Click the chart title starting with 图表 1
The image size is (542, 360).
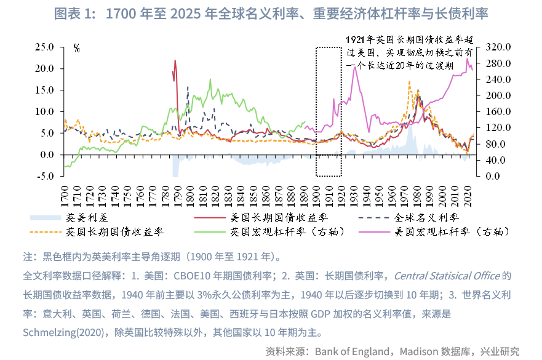(x=271, y=14)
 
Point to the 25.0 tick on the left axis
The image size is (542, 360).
(x=45, y=47)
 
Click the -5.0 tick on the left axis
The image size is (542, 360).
(x=45, y=176)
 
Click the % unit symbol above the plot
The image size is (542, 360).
(x=77, y=47)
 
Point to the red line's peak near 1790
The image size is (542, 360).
(x=175, y=60)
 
